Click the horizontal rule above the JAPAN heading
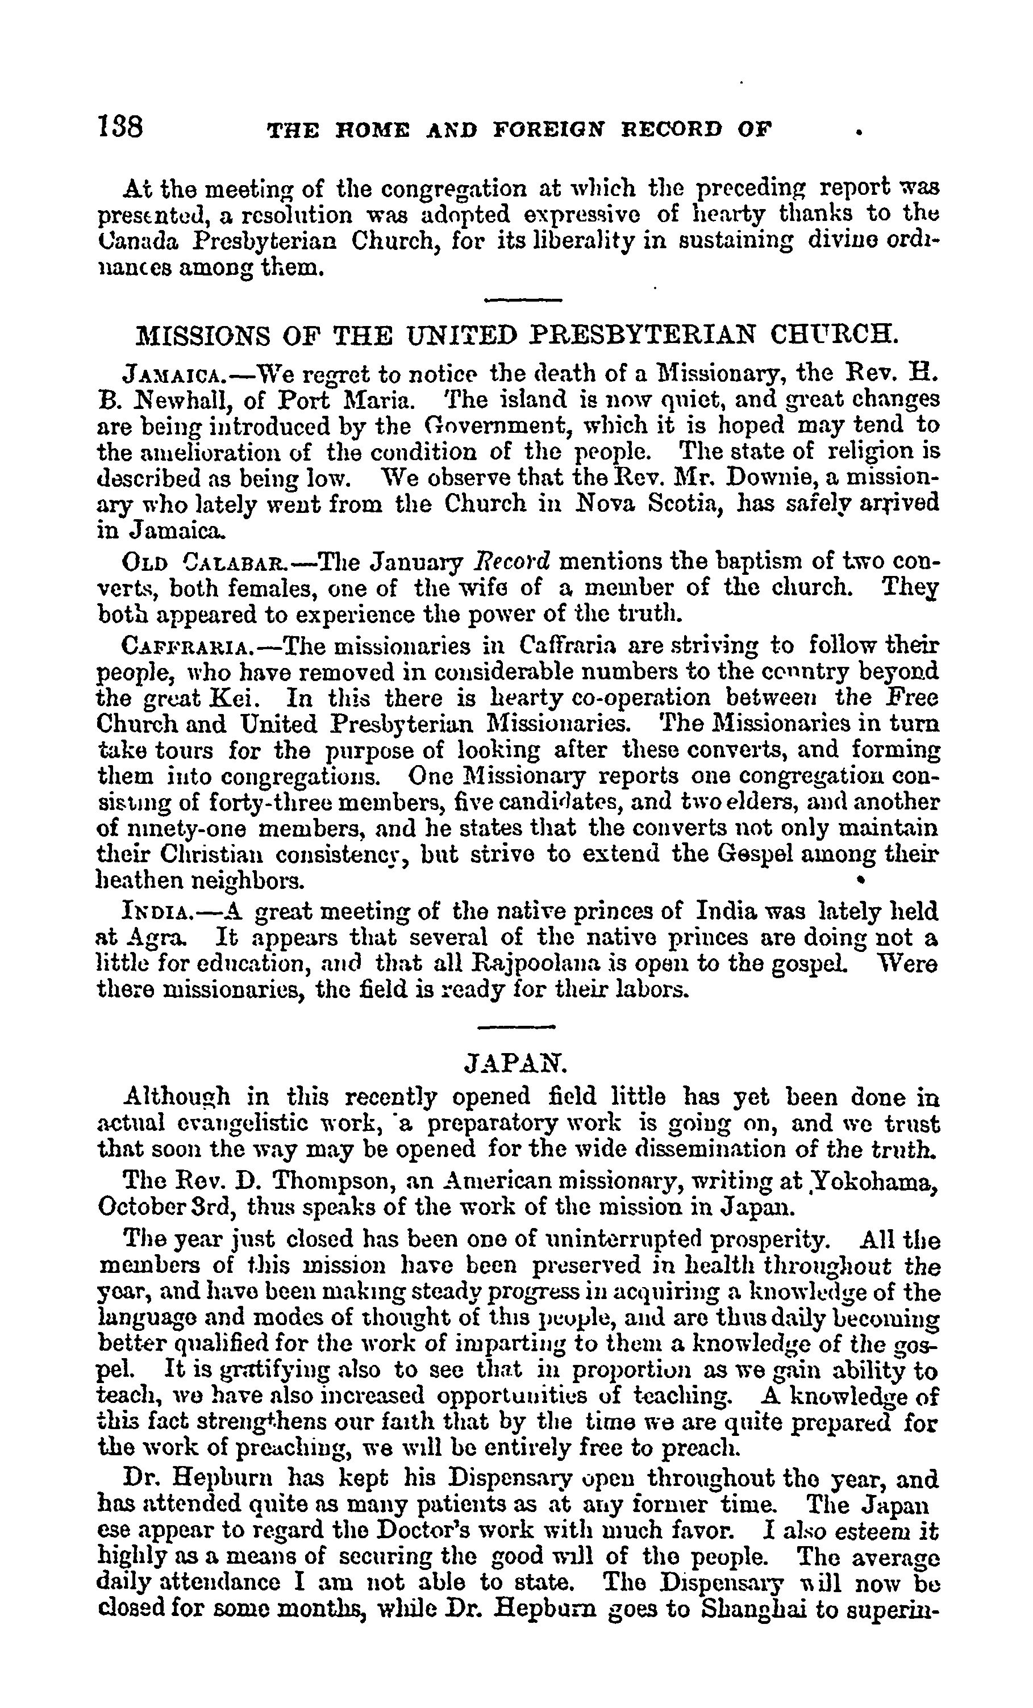click(x=516, y=1026)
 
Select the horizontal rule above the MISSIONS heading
click(x=522, y=300)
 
